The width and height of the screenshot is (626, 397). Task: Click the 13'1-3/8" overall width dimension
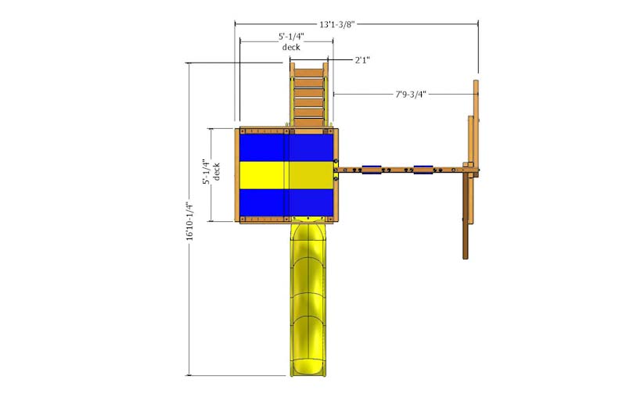[x=336, y=24]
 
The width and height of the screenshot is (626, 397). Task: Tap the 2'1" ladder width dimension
[x=362, y=60]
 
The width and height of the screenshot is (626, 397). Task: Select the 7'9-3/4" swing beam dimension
[x=410, y=95]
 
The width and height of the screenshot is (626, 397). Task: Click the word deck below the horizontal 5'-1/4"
[x=291, y=47]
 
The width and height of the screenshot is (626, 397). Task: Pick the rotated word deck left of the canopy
[x=216, y=172]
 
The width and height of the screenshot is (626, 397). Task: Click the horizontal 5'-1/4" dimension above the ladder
[x=291, y=37]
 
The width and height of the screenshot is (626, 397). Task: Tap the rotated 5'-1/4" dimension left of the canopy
[x=206, y=172]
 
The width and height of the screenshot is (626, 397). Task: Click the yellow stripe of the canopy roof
[x=286, y=175]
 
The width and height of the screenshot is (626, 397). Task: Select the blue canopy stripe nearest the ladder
[x=286, y=148]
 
